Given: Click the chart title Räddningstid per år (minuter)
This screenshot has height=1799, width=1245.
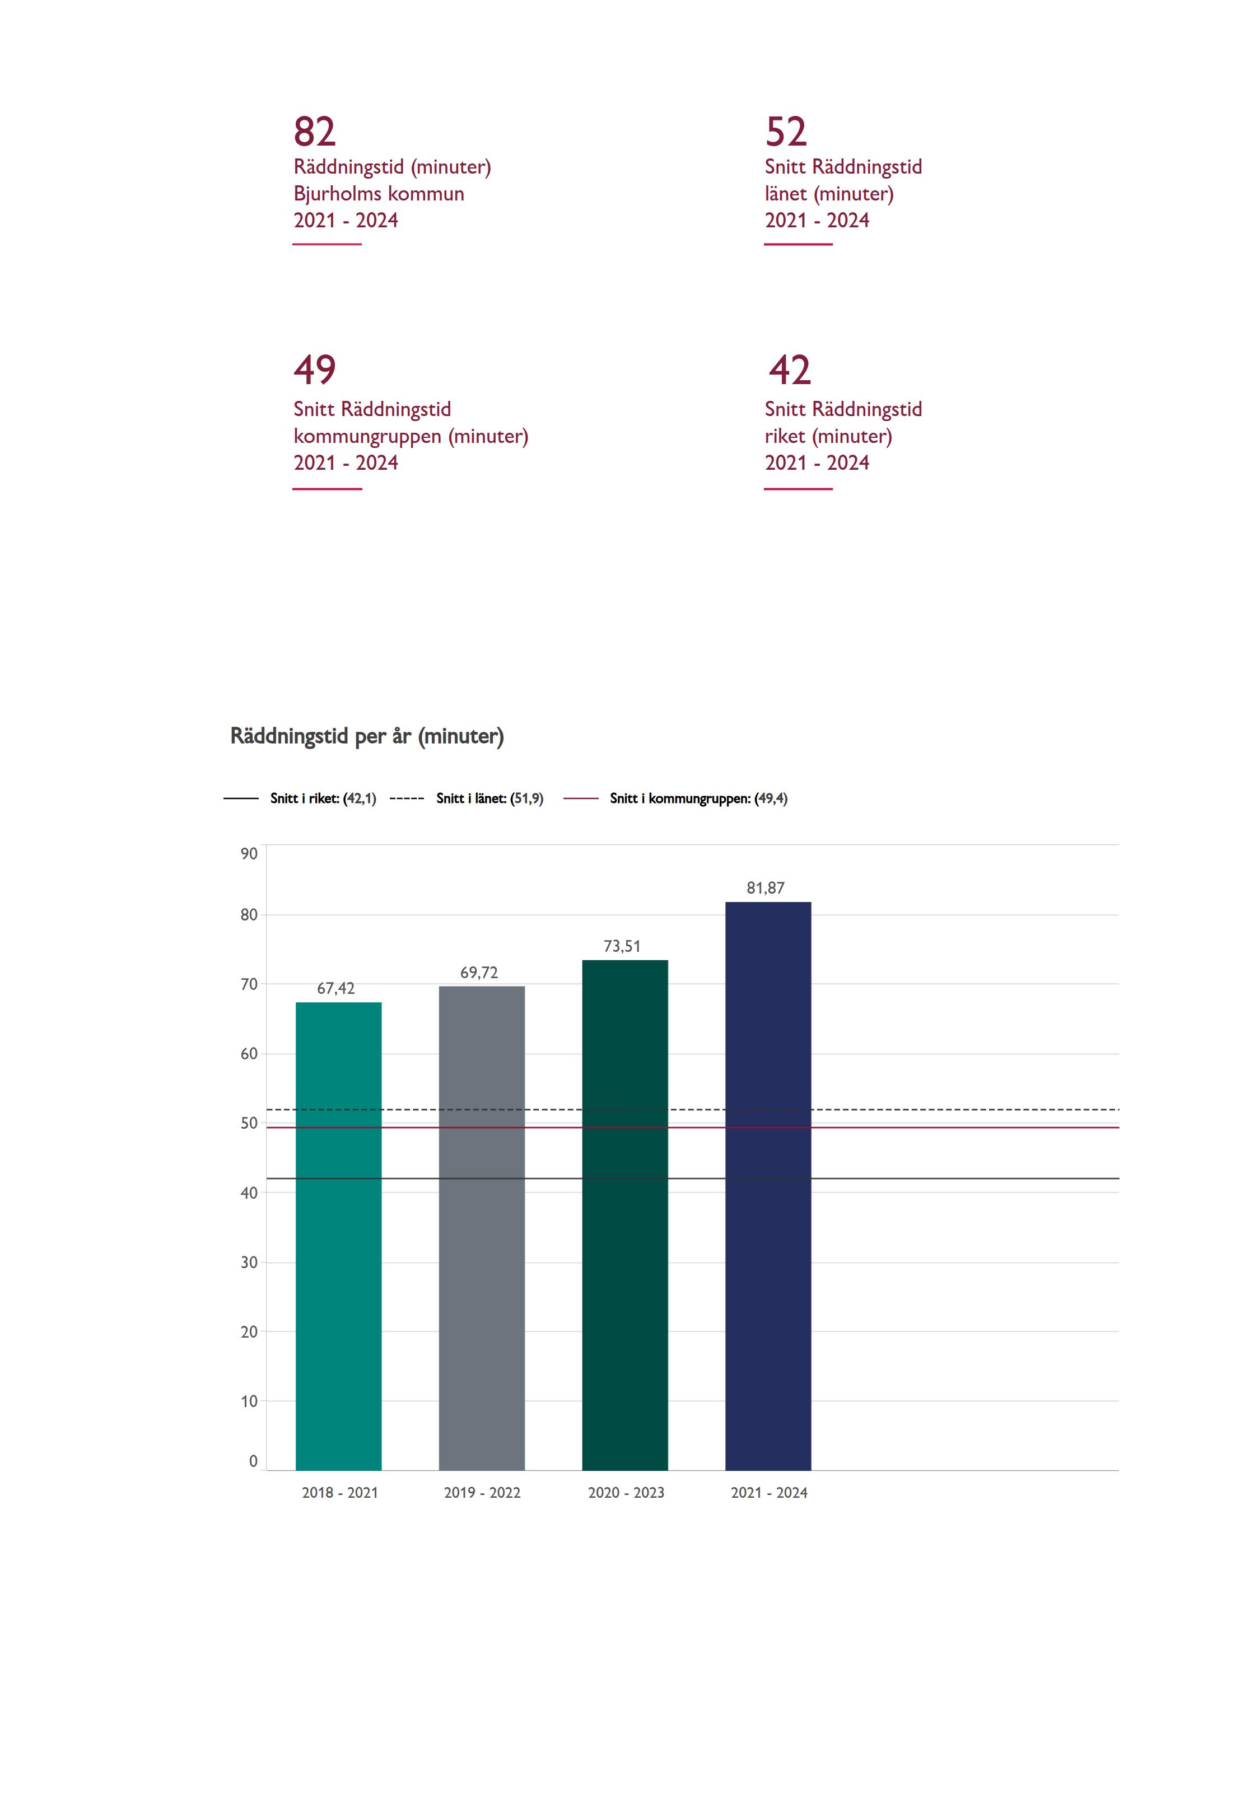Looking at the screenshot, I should pyautogui.click(x=367, y=736).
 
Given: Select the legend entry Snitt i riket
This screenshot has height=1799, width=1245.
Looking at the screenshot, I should pyautogui.click(x=323, y=798).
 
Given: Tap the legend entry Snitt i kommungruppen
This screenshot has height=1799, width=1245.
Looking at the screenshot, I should pyautogui.click(x=698, y=798).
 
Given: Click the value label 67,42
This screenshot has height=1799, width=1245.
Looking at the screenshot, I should pyautogui.click(x=335, y=989).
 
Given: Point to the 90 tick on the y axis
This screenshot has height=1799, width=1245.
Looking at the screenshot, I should pyautogui.click(x=249, y=854).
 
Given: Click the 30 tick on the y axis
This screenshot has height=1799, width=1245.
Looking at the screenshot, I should pyautogui.click(x=249, y=1263).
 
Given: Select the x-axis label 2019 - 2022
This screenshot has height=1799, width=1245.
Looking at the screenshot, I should pyautogui.click(x=482, y=1493).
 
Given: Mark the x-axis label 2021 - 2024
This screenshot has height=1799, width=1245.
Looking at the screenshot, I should pyautogui.click(x=769, y=1493).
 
